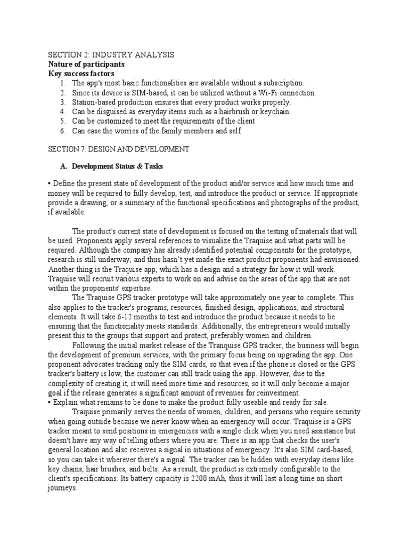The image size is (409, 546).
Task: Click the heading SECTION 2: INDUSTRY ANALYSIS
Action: (111, 55)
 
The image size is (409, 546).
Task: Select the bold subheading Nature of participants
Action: (86, 64)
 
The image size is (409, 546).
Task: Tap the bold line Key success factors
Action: (81, 73)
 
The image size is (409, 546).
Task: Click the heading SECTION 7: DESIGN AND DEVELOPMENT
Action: (118, 150)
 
